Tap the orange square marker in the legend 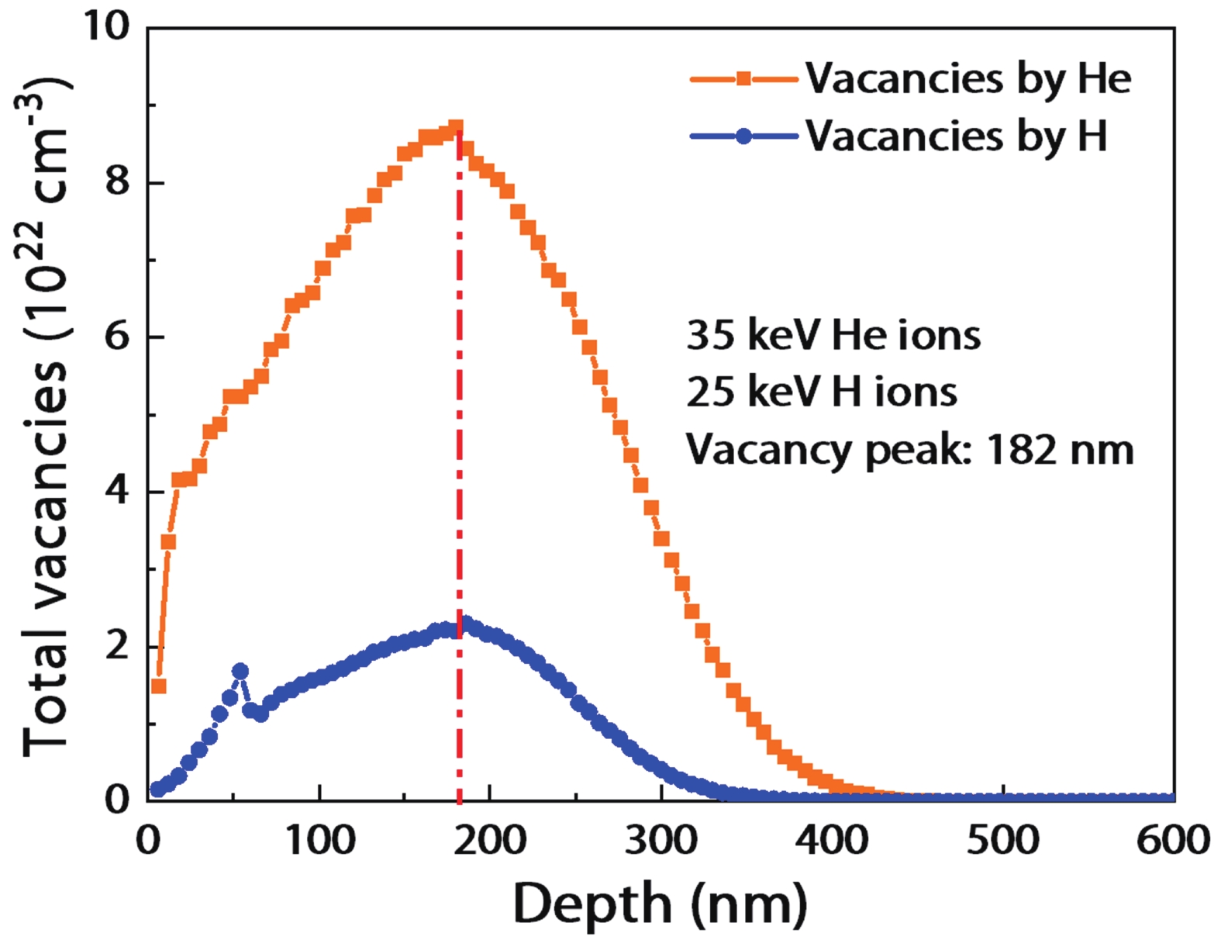pos(743,78)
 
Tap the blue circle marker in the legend pos(743,137)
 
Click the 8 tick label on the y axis pos(116,183)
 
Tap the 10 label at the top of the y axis pos(106,27)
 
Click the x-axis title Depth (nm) pos(660,904)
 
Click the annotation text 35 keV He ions pos(833,336)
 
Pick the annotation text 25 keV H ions pos(822,392)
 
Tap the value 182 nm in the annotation pos(1060,450)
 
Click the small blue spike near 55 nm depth pos(240,672)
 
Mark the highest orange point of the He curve pos(456,127)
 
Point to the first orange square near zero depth pos(158,686)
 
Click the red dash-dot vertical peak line pos(460,465)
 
